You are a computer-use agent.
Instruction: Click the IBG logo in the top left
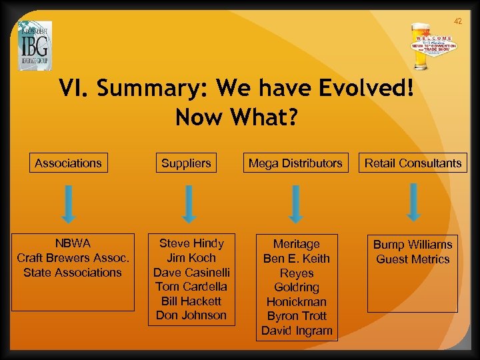[x=35, y=45]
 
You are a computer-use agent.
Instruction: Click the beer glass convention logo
[x=437, y=47]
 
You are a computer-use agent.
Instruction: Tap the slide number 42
[x=457, y=21]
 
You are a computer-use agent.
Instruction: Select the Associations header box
[x=68, y=163]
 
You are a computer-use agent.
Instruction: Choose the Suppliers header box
[x=186, y=163]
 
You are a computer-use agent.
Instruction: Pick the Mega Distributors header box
[x=295, y=163]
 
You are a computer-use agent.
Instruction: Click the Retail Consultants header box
[x=413, y=163]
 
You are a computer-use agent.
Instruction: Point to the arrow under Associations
[x=70, y=203]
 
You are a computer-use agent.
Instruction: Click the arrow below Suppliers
[x=189, y=203]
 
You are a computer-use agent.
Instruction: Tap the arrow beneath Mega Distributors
[x=297, y=203]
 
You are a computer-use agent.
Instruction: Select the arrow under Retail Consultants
[x=413, y=201]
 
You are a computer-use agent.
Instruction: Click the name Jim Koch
[x=191, y=258]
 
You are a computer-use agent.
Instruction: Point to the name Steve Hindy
[x=191, y=243]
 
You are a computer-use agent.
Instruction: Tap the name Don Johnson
[x=191, y=315]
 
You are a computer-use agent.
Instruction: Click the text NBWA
[x=72, y=243]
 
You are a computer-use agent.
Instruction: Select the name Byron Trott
[x=297, y=316]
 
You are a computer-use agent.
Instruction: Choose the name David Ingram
[x=297, y=331]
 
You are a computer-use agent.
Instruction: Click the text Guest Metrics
[x=413, y=259]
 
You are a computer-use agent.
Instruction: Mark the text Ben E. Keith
[x=297, y=259]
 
